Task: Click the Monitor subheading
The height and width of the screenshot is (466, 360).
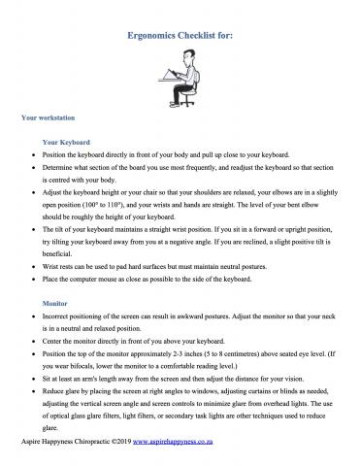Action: pos(55,304)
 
